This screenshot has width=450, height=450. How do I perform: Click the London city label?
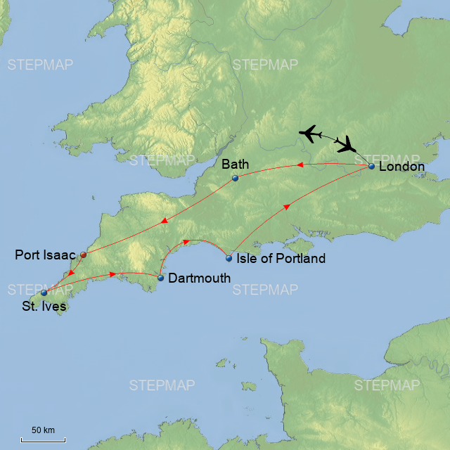coord(401,167)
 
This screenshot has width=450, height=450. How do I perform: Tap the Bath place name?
coord(235,165)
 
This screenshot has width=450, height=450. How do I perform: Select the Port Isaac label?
coord(45,255)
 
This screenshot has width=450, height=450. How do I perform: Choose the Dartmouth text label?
coord(199,278)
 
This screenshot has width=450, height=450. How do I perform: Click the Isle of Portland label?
coord(281,259)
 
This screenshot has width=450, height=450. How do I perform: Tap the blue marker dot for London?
coord(371,167)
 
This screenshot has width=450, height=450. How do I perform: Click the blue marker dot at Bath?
coord(236,178)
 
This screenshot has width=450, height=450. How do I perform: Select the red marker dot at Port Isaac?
coord(83,255)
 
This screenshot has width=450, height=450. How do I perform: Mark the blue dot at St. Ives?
coord(44,292)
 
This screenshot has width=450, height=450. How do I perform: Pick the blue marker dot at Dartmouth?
coord(160,278)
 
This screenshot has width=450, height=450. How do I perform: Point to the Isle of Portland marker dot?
coord(229,258)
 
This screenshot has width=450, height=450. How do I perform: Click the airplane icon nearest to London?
coord(346,146)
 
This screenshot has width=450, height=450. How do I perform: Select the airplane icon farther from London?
coord(310,133)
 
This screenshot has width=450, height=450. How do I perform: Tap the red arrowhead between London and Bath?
coord(298,165)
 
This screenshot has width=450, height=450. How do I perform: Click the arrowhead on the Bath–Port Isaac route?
coord(164,221)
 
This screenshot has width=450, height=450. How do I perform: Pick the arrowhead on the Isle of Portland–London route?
coord(286,206)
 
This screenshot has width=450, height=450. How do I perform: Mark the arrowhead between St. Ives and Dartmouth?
coord(113,274)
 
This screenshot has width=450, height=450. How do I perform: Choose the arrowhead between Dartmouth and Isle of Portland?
coord(186,243)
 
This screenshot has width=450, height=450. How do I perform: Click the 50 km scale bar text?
coord(43,430)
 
